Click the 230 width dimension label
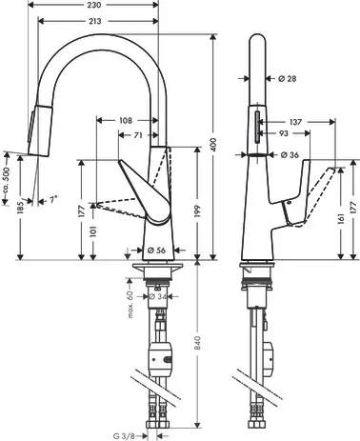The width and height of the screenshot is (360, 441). click(94, 5)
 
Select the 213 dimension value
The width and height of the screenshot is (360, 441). click(94, 21)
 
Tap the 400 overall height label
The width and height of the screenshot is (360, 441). click(213, 145)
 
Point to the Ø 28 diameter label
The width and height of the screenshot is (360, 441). click(287, 78)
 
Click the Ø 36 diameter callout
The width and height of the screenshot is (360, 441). click(290, 155)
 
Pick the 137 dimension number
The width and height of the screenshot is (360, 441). click(295, 122)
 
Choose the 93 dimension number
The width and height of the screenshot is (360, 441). click(284, 133)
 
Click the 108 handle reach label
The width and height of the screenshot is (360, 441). click(126, 121)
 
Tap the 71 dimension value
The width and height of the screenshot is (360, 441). click(137, 135)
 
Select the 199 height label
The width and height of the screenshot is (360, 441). click(197, 211)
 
